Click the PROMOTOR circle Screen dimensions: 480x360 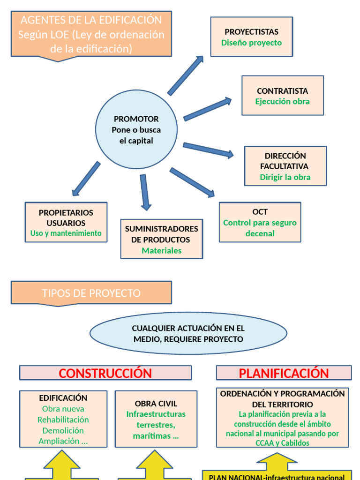136,129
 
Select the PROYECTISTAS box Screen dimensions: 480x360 252,37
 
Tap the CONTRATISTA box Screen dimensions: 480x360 283,96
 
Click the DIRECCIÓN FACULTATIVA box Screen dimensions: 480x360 285,166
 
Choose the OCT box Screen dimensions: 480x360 260,222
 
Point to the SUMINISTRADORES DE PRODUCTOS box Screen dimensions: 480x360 162,239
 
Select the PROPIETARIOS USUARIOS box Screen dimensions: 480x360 66,222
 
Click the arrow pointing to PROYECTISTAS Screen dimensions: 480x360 186,75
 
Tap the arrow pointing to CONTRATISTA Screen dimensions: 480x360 207,109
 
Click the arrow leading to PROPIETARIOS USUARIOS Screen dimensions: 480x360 86,179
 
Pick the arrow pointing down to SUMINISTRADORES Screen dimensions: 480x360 145,192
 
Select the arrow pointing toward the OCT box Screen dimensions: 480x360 192,182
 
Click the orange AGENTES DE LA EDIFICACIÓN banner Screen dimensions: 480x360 91,34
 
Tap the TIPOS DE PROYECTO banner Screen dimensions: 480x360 91,293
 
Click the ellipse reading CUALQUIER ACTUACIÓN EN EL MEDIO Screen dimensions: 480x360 188,333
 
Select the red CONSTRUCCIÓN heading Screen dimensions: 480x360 105,373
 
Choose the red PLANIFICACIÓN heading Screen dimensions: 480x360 284,373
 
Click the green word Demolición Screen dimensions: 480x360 63,430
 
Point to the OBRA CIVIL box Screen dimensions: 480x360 156,419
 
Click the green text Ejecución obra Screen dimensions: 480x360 283,101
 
